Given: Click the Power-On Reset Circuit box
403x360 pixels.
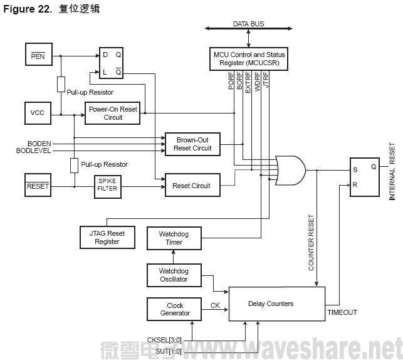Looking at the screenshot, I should (113, 113).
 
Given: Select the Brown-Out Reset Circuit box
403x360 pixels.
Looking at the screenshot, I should (193, 144).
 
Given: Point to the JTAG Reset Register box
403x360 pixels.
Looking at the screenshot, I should (107, 237).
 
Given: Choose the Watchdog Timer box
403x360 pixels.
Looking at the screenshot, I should (174, 238).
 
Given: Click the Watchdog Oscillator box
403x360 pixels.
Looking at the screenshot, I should (174, 275).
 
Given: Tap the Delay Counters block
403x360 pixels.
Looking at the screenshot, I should (276, 304).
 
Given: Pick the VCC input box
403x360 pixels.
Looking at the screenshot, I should (37, 113).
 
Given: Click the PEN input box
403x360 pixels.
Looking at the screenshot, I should (37, 57).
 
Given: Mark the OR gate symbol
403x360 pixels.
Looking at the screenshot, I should (290, 169).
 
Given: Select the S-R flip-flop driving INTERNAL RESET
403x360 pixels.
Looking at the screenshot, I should (364, 177).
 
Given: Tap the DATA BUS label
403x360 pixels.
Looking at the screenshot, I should (249, 24).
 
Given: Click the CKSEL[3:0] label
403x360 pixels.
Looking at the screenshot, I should (164, 339).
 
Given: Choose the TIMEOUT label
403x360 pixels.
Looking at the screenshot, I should (342, 312).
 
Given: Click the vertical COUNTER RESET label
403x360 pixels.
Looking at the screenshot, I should (311, 243).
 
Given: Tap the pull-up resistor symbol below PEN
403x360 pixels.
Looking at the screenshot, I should (61, 84).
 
